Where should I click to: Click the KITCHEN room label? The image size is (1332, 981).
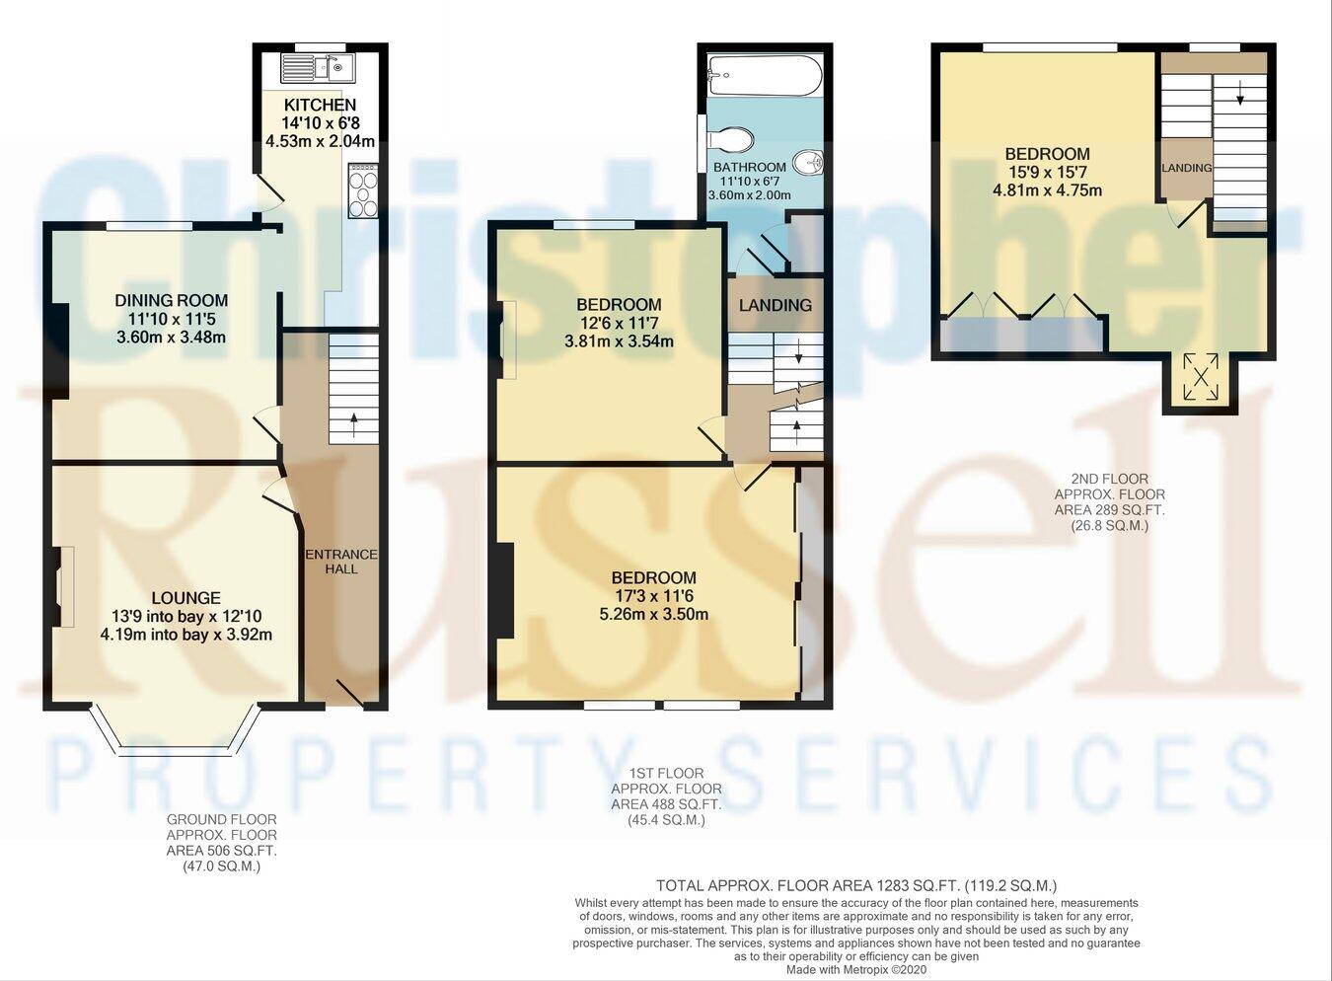click(x=320, y=105)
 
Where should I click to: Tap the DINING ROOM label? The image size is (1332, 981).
click(x=171, y=300)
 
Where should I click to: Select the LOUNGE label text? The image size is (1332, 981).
click(x=185, y=597)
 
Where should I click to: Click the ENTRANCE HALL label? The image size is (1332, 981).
click(x=341, y=561)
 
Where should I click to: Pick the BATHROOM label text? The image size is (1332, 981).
click(x=750, y=167)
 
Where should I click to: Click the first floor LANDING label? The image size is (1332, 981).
click(x=776, y=305)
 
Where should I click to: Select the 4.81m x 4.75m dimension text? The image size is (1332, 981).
click(x=1047, y=190)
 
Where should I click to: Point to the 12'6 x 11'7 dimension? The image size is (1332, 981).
click(x=619, y=323)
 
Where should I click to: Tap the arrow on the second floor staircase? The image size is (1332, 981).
click(x=1238, y=95)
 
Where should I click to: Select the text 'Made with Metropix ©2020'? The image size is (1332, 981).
click(x=856, y=970)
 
